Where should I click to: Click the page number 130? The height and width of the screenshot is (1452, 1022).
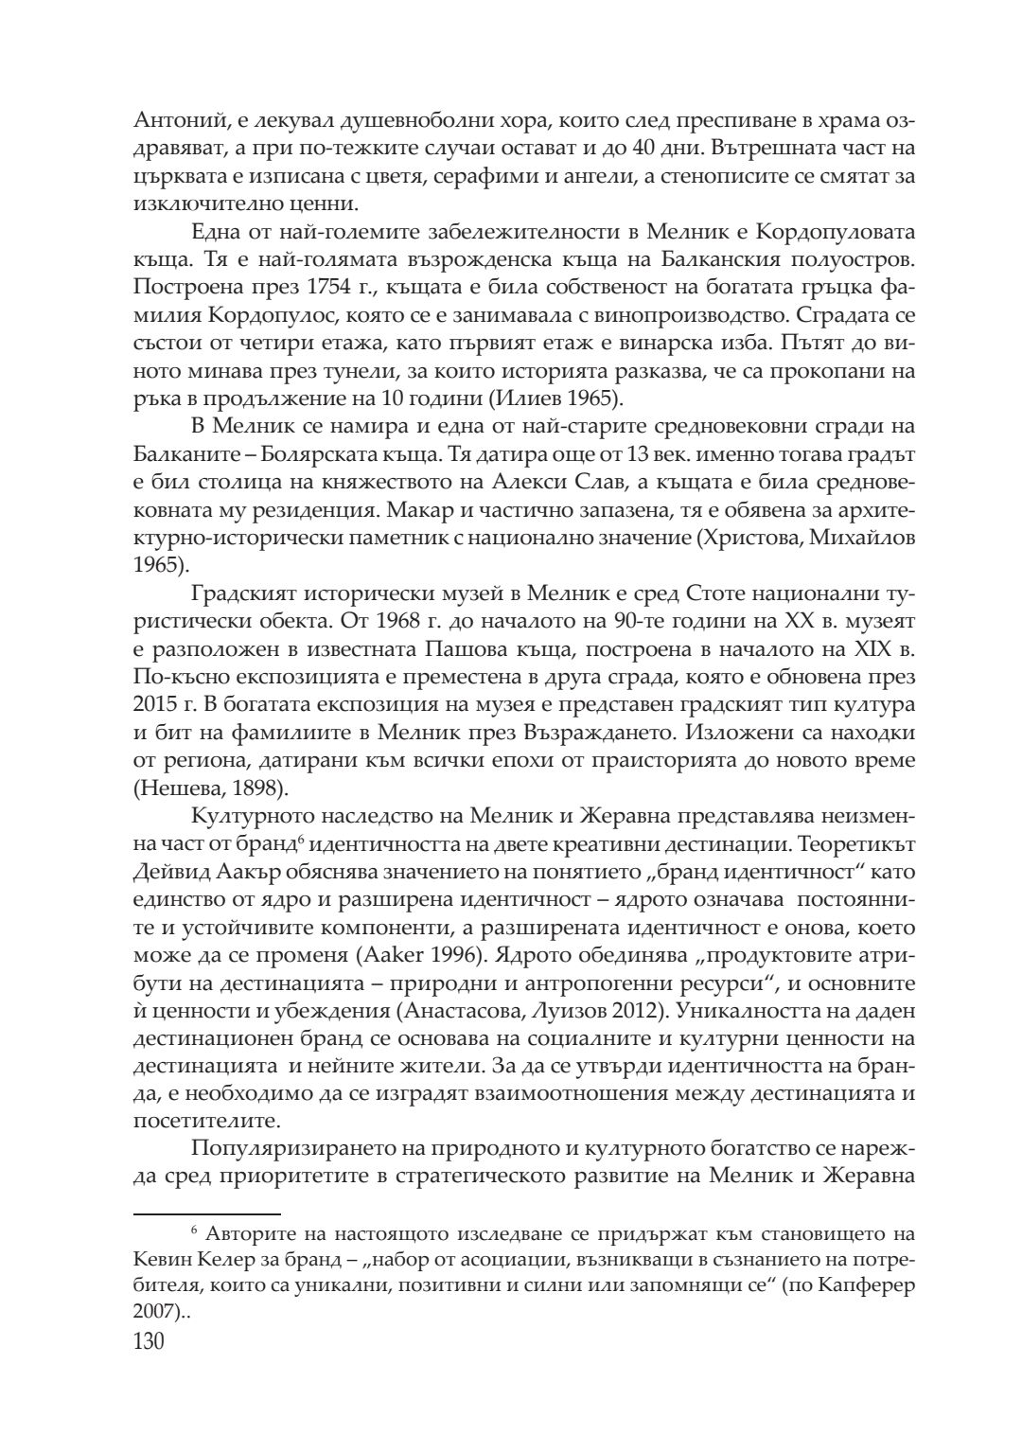click(x=150, y=1341)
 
